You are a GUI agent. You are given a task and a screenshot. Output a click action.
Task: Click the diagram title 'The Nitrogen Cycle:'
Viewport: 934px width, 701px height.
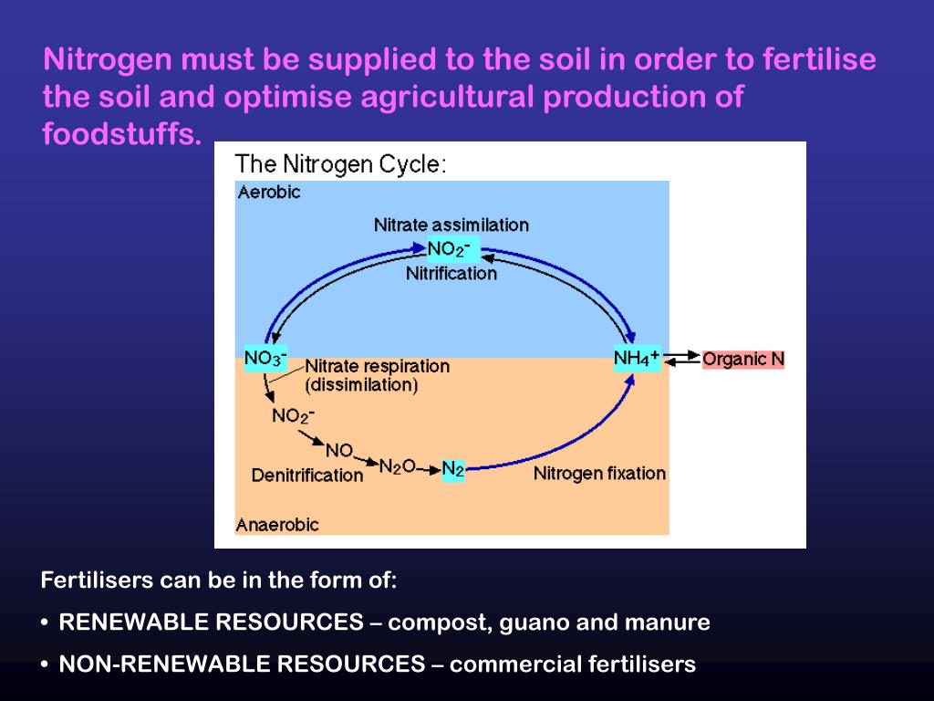[x=341, y=164]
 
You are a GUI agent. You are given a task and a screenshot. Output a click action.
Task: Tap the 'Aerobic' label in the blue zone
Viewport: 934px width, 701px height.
[x=269, y=192]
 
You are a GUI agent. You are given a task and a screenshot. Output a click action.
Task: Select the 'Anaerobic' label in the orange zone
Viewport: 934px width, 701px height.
[x=277, y=525]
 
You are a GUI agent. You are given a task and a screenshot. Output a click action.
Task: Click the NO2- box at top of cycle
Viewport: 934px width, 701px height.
[x=449, y=248]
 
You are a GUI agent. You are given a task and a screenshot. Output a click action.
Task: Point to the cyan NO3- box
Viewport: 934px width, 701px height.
[x=265, y=357]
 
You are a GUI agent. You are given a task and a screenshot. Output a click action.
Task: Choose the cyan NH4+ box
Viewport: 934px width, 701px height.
[x=637, y=358]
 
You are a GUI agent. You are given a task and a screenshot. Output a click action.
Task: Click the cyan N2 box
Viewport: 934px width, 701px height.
[x=453, y=469]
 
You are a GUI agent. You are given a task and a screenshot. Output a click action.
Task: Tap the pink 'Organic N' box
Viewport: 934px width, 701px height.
[x=742, y=359]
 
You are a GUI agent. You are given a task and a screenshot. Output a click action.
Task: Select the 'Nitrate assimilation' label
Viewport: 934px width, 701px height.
[x=451, y=225]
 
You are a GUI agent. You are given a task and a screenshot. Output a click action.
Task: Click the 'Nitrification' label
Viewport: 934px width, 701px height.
[x=451, y=273]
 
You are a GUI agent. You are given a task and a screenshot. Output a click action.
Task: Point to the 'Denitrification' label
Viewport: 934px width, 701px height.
[x=307, y=475]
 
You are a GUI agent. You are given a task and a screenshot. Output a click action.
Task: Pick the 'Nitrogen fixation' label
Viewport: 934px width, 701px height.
[x=599, y=473]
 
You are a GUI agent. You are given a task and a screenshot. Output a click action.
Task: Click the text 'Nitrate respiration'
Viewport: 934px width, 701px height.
[x=377, y=366]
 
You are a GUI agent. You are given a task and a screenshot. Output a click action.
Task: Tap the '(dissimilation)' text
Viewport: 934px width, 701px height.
[x=361, y=385]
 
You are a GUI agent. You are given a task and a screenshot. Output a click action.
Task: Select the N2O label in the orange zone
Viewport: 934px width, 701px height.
[x=397, y=466]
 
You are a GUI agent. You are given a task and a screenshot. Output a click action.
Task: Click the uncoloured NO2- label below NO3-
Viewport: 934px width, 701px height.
[x=293, y=415]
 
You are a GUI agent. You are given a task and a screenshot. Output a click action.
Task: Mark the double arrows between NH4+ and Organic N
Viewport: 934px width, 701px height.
[x=681, y=359]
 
